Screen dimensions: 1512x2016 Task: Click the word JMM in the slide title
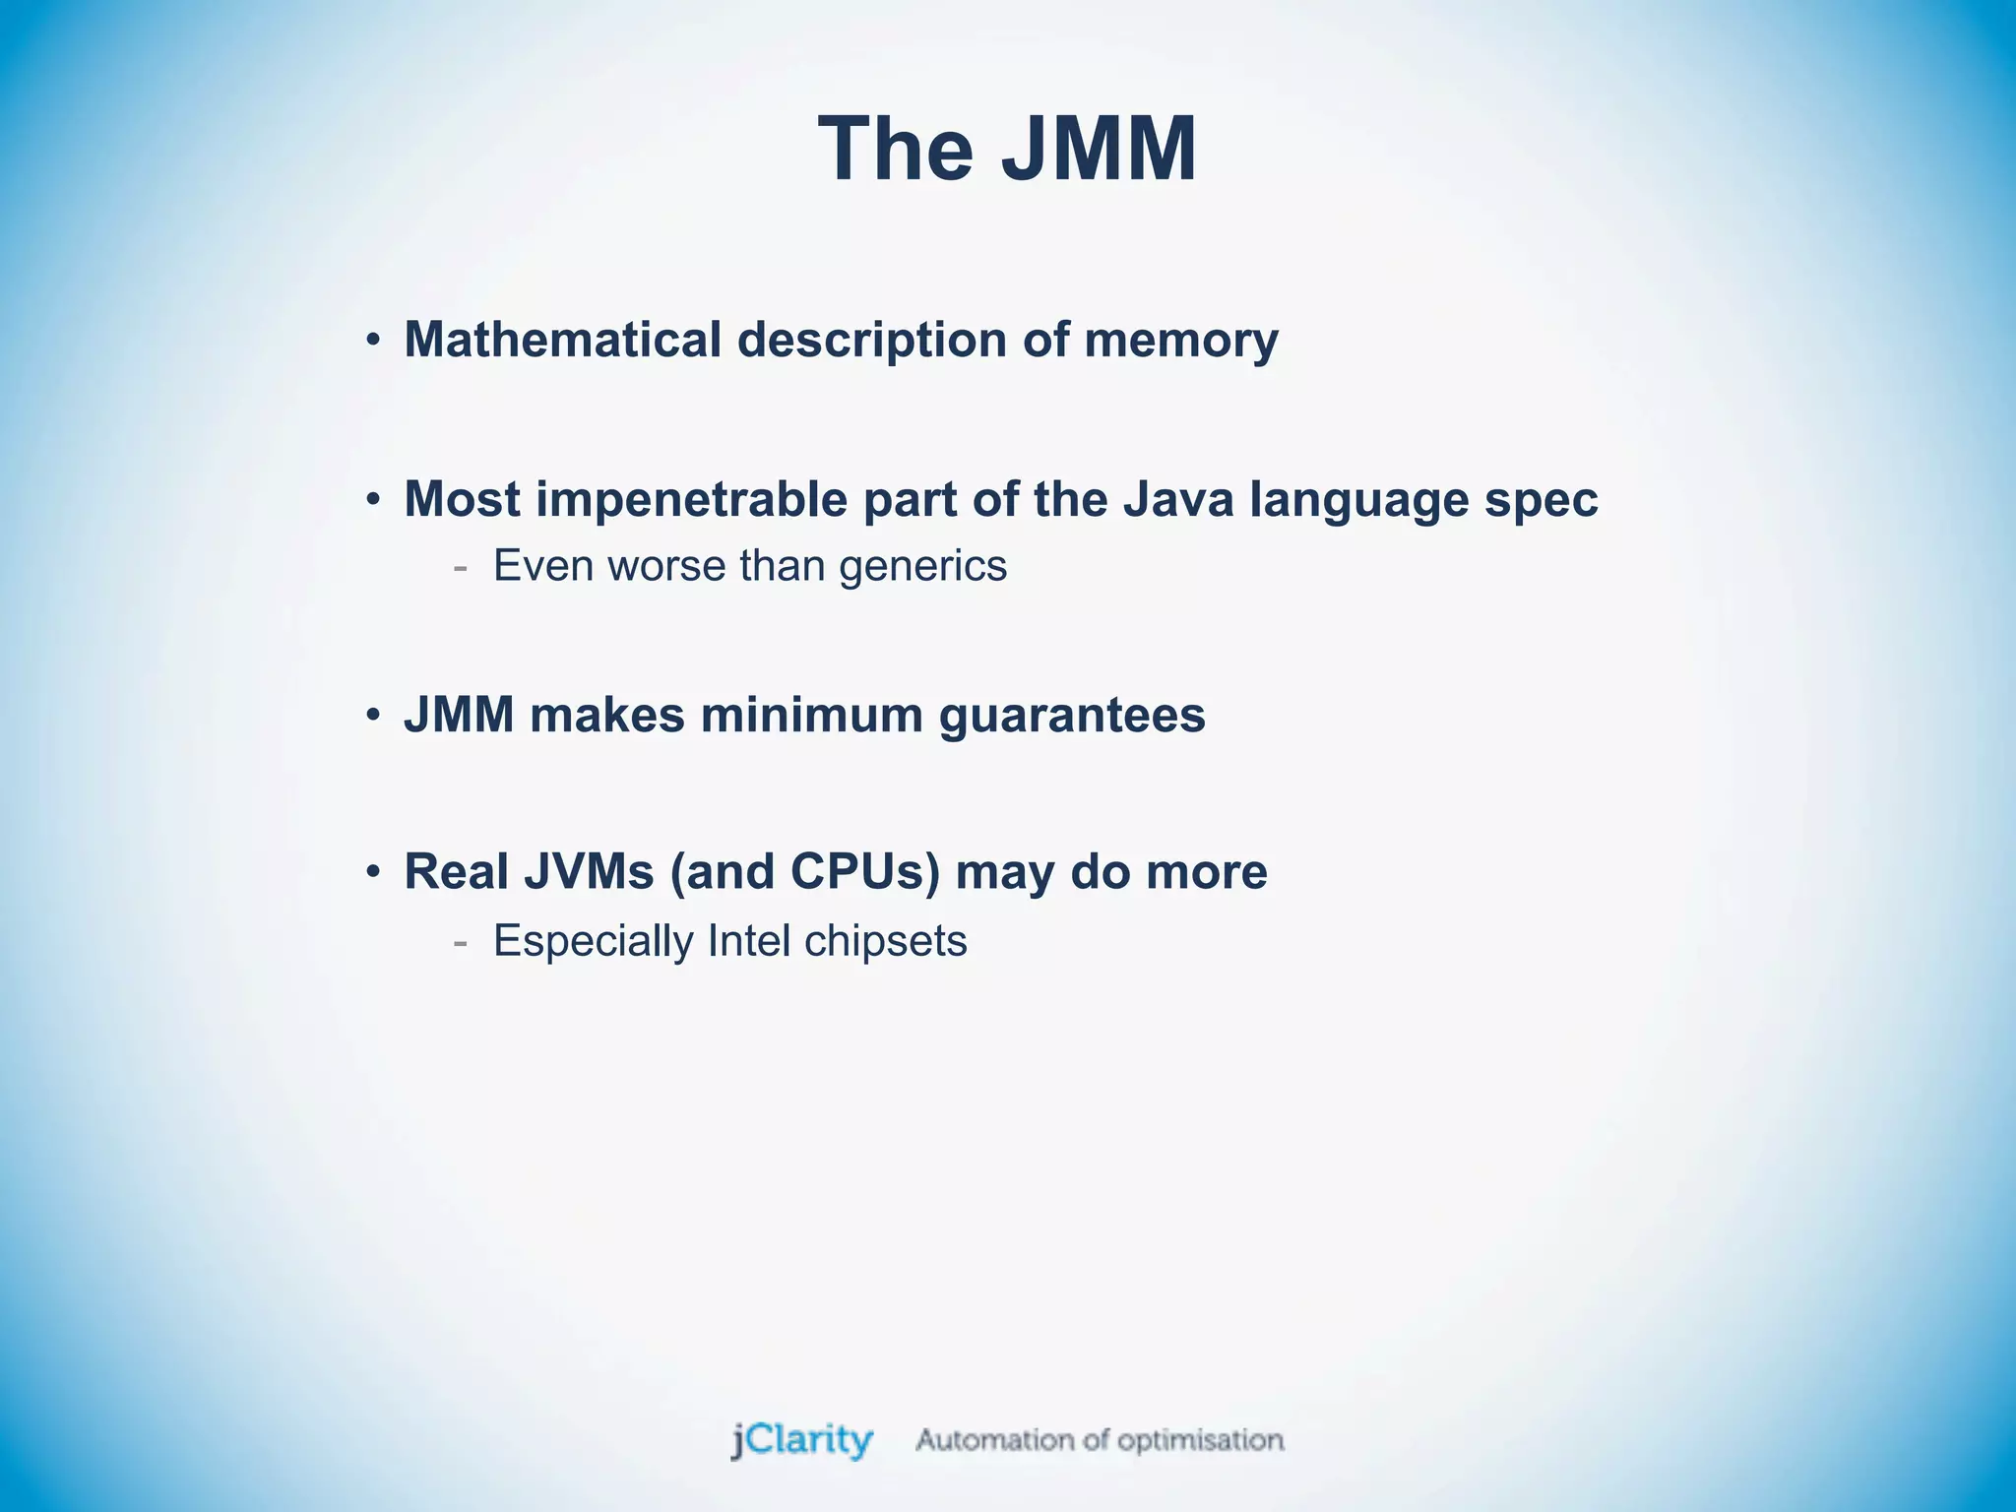1099,150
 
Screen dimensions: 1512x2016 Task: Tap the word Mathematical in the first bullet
563,340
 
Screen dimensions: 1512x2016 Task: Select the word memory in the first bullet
1180,342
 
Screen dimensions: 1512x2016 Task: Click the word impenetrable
691,500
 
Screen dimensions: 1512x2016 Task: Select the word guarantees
1072,717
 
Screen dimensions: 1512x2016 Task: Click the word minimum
812,715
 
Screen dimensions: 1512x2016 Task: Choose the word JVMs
589,872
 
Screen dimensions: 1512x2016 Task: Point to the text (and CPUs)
804,873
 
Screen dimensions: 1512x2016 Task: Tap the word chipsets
886,942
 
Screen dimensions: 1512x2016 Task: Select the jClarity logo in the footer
801,1440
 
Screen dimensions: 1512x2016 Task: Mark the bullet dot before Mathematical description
372,342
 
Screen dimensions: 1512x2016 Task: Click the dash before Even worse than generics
460,568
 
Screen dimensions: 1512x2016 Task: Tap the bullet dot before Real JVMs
372,873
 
